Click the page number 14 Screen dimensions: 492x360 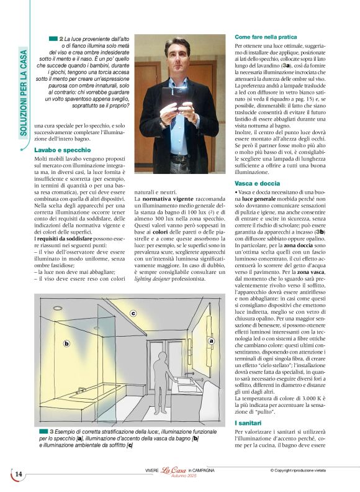click(x=19, y=475)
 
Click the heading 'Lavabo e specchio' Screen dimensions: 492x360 click(x=62, y=150)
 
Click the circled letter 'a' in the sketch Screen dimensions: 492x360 click(x=210, y=340)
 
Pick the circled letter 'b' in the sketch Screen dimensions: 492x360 click(x=66, y=343)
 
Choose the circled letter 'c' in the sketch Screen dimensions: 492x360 click(x=133, y=314)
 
